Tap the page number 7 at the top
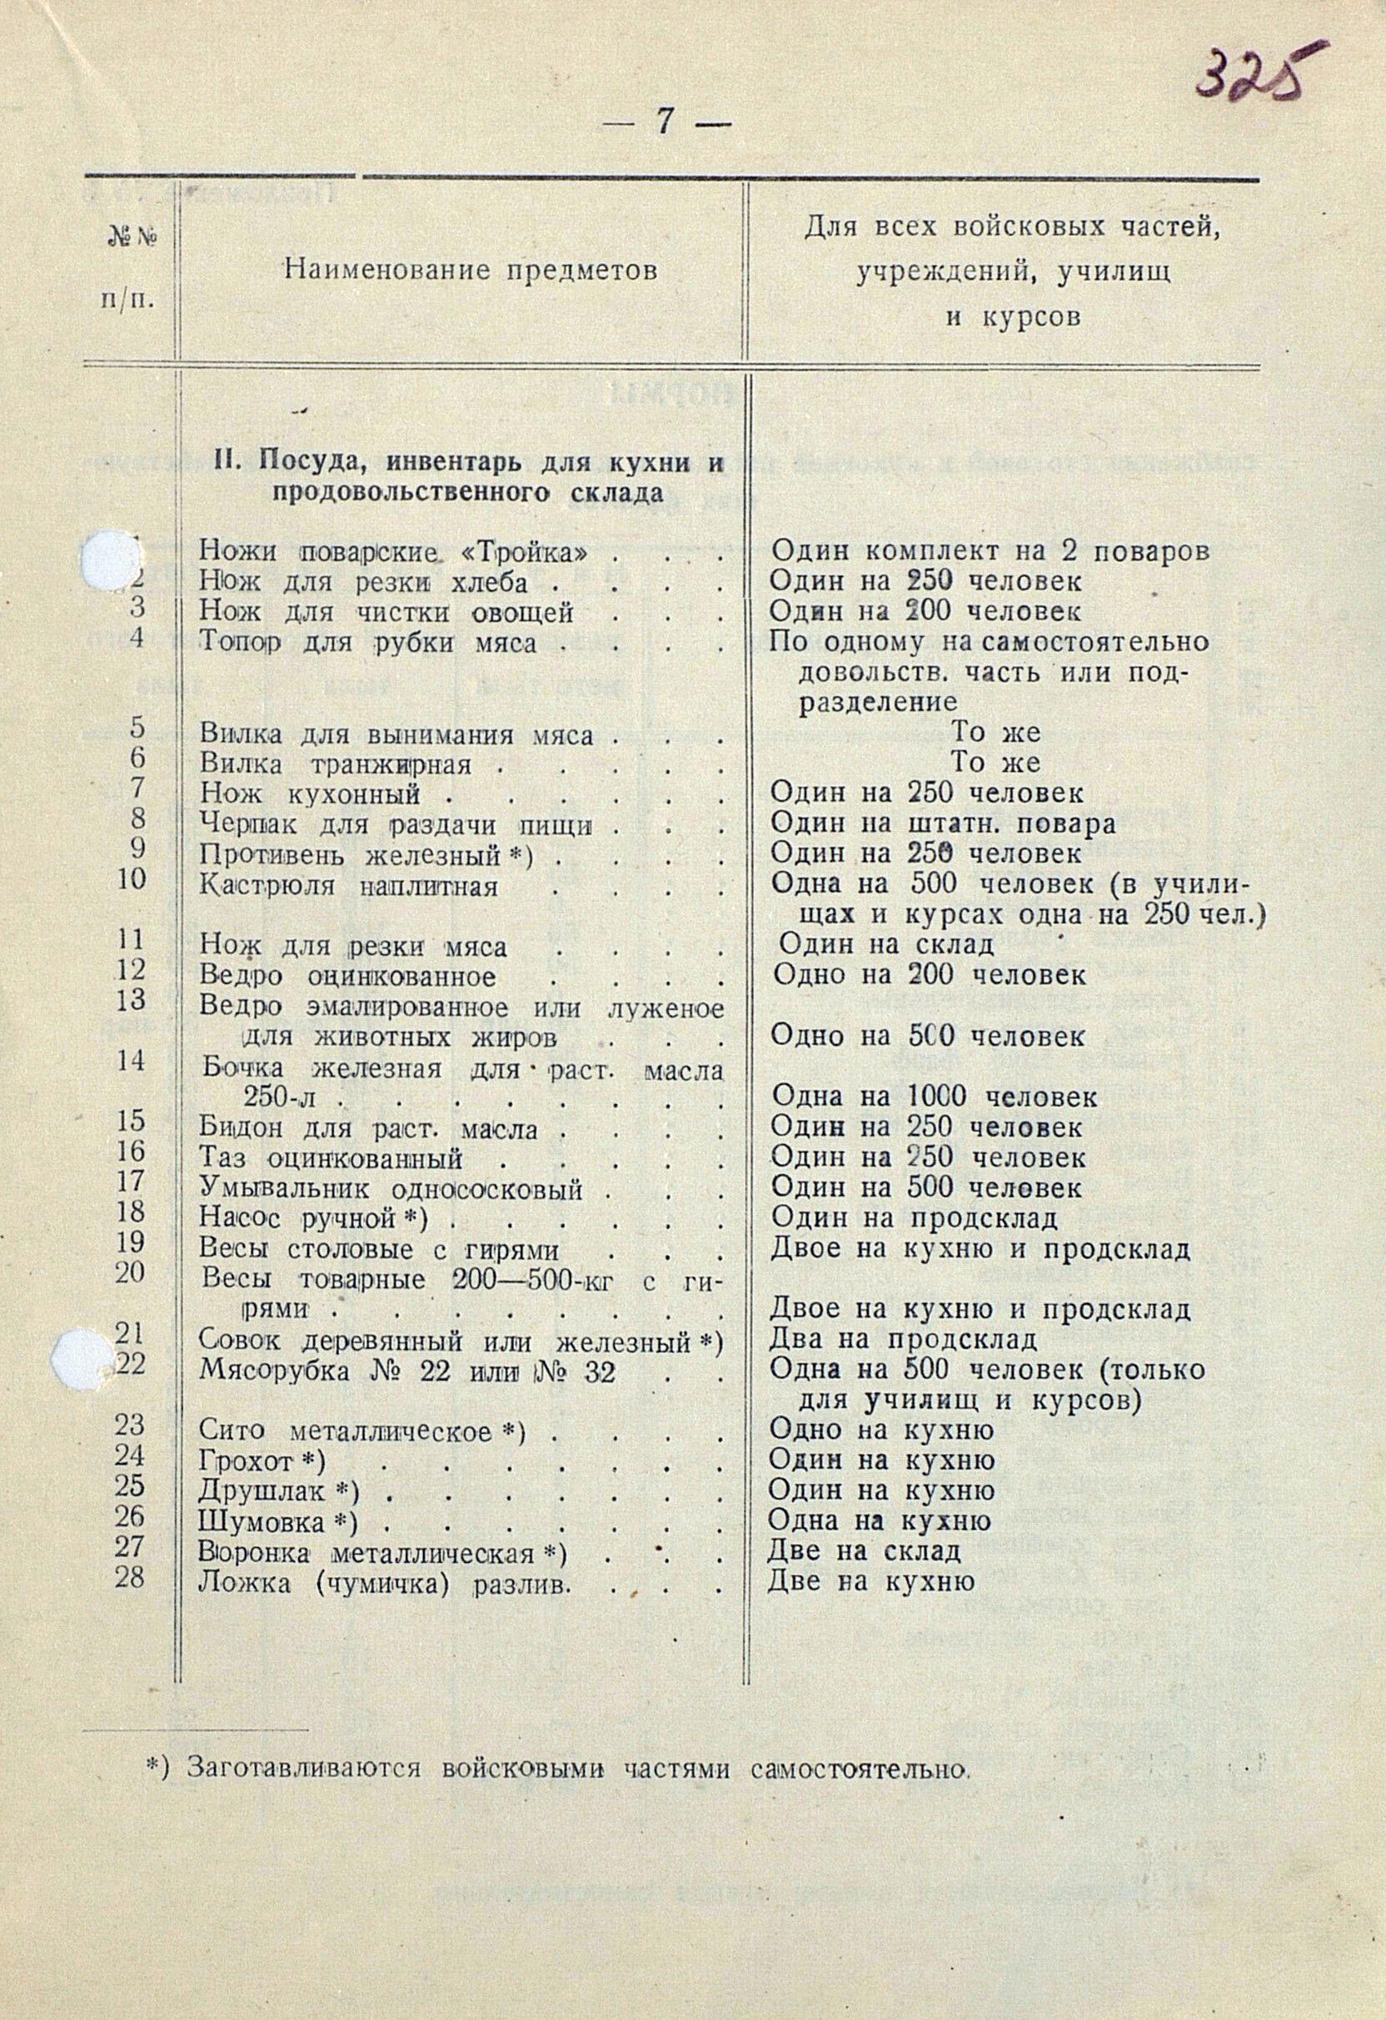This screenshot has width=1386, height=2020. point(665,122)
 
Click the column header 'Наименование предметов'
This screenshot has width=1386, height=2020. point(471,271)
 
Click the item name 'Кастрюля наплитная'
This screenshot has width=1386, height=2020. point(349,888)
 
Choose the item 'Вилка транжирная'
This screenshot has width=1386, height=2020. point(336,765)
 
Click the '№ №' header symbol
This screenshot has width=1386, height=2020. point(132,236)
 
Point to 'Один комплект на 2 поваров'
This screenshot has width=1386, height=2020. point(990,551)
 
